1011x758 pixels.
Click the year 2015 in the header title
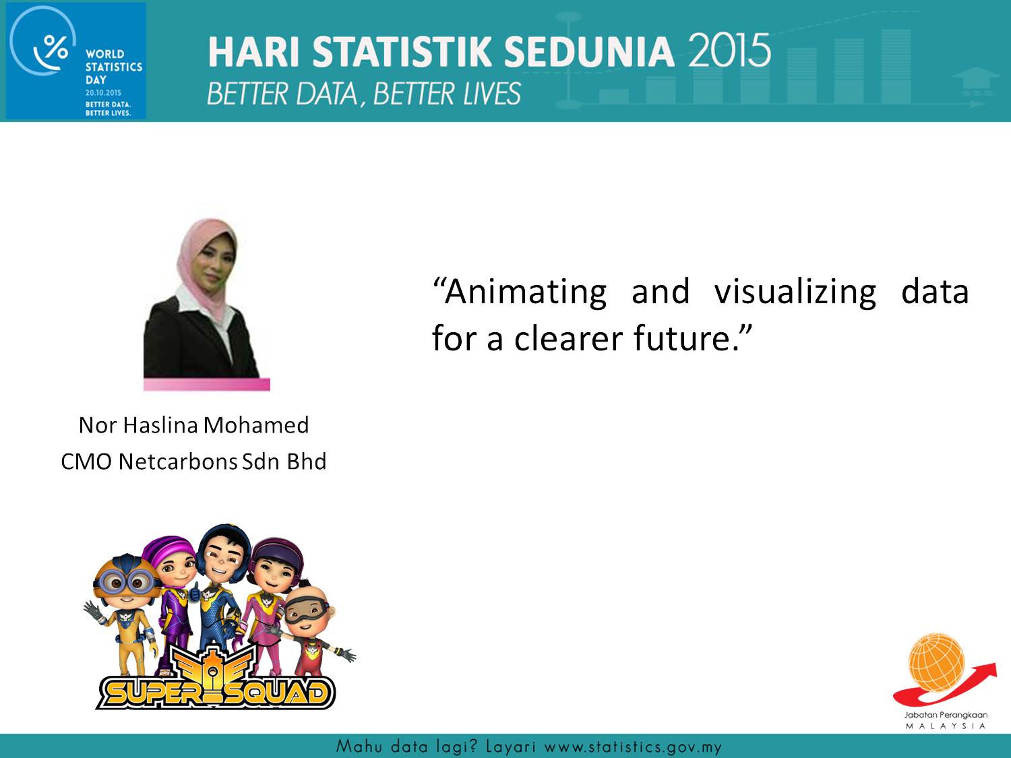coord(729,50)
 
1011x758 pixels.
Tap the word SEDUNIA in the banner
coord(589,52)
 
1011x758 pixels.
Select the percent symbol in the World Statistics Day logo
coord(56,47)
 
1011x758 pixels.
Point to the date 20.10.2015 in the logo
coord(103,92)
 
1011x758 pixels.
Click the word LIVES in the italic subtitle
coord(492,94)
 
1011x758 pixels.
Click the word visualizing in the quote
coord(795,292)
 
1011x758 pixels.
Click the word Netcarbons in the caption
coord(178,462)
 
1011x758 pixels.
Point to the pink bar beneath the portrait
coord(207,384)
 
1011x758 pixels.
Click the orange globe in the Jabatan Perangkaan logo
coord(936,663)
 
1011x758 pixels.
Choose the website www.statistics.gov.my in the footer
coord(633,747)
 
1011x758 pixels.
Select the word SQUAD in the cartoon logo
coord(276,692)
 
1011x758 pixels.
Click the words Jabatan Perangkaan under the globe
coord(946,715)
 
